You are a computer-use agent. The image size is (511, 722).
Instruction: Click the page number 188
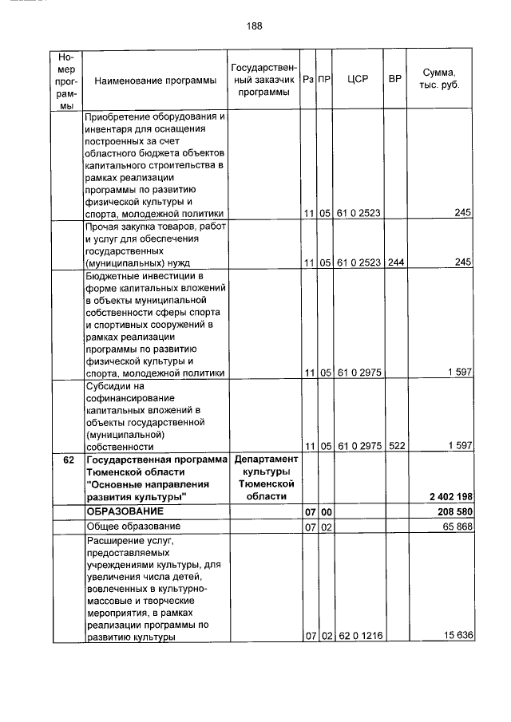(x=255, y=26)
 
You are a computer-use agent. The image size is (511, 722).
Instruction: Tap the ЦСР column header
(x=356, y=80)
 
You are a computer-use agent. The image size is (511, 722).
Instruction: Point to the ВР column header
(x=394, y=80)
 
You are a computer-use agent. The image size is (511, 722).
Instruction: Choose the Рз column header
(x=308, y=80)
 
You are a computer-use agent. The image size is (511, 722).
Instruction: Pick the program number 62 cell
(x=67, y=460)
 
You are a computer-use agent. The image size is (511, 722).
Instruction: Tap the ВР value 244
(x=394, y=262)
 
